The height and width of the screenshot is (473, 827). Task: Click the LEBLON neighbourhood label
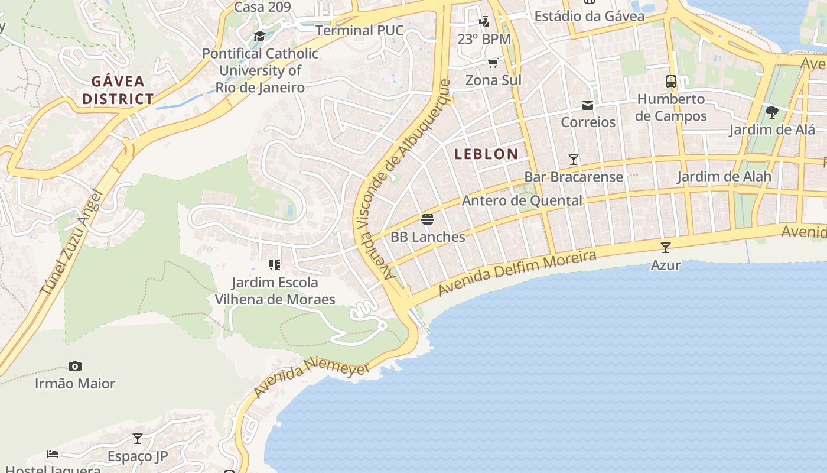(x=486, y=154)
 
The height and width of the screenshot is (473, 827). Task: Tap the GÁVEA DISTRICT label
(x=118, y=90)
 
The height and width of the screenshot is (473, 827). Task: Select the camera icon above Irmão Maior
(x=75, y=366)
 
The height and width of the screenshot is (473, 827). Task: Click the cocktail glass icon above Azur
(x=666, y=247)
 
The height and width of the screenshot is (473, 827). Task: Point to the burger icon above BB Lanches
(x=428, y=219)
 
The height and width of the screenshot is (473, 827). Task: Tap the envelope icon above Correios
(x=588, y=105)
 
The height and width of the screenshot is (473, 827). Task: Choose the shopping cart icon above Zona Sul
(x=493, y=63)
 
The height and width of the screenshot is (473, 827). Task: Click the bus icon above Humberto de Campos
(x=671, y=82)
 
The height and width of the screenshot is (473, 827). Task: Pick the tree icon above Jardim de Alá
(x=771, y=112)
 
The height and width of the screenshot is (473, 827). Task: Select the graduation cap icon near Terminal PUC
(x=259, y=37)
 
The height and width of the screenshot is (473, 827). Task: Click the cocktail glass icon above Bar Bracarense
(x=573, y=159)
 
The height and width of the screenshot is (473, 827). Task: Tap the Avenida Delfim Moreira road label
(x=517, y=274)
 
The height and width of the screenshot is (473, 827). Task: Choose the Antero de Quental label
(x=522, y=200)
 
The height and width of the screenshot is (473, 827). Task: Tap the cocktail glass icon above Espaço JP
(x=138, y=439)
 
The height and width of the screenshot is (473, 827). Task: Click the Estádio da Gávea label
(x=589, y=16)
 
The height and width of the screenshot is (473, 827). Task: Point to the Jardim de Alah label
(x=724, y=176)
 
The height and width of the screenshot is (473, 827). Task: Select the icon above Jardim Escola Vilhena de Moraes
(x=274, y=264)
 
